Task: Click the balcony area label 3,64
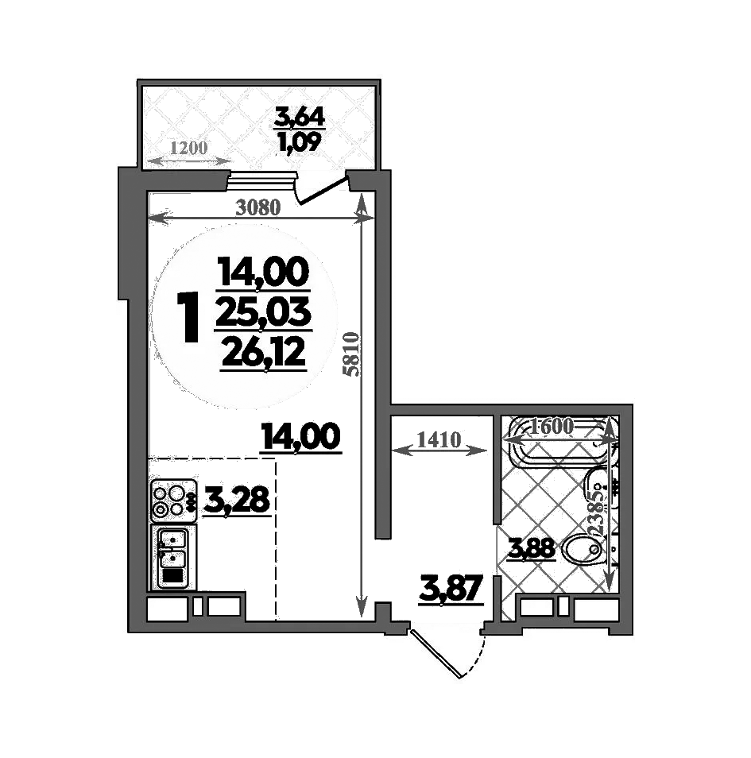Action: coord(299,117)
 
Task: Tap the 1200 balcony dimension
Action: coord(187,147)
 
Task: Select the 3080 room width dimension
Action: coord(258,208)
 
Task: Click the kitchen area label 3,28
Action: coord(237,501)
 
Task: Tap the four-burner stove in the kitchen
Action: coord(173,499)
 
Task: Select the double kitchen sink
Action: coord(172,556)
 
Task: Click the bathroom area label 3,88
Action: coord(532,548)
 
